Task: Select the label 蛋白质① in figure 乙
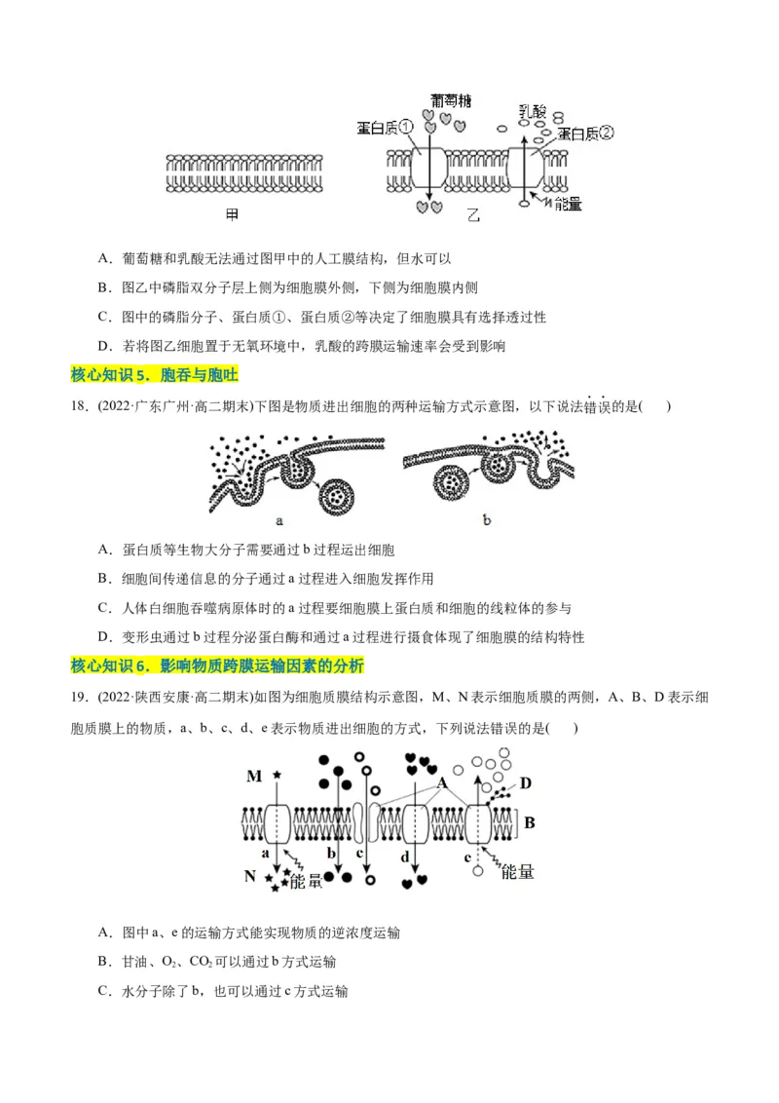(x=386, y=127)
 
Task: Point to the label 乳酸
(x=533, y=112)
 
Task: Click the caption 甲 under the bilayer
(x=231, y=211)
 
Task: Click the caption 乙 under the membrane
(x=474, y=215)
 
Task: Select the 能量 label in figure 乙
(x=568, y=204)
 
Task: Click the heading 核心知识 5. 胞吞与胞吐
(x=155, y=375)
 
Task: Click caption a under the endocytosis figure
(x=279, y=520)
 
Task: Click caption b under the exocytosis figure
(x=487, y=520)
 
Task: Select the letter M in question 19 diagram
(x=254, y=776)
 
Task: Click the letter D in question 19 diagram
(x=525, y=782)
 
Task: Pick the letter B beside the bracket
(x=530, y=823)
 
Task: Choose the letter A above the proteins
(x=441, y=782)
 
